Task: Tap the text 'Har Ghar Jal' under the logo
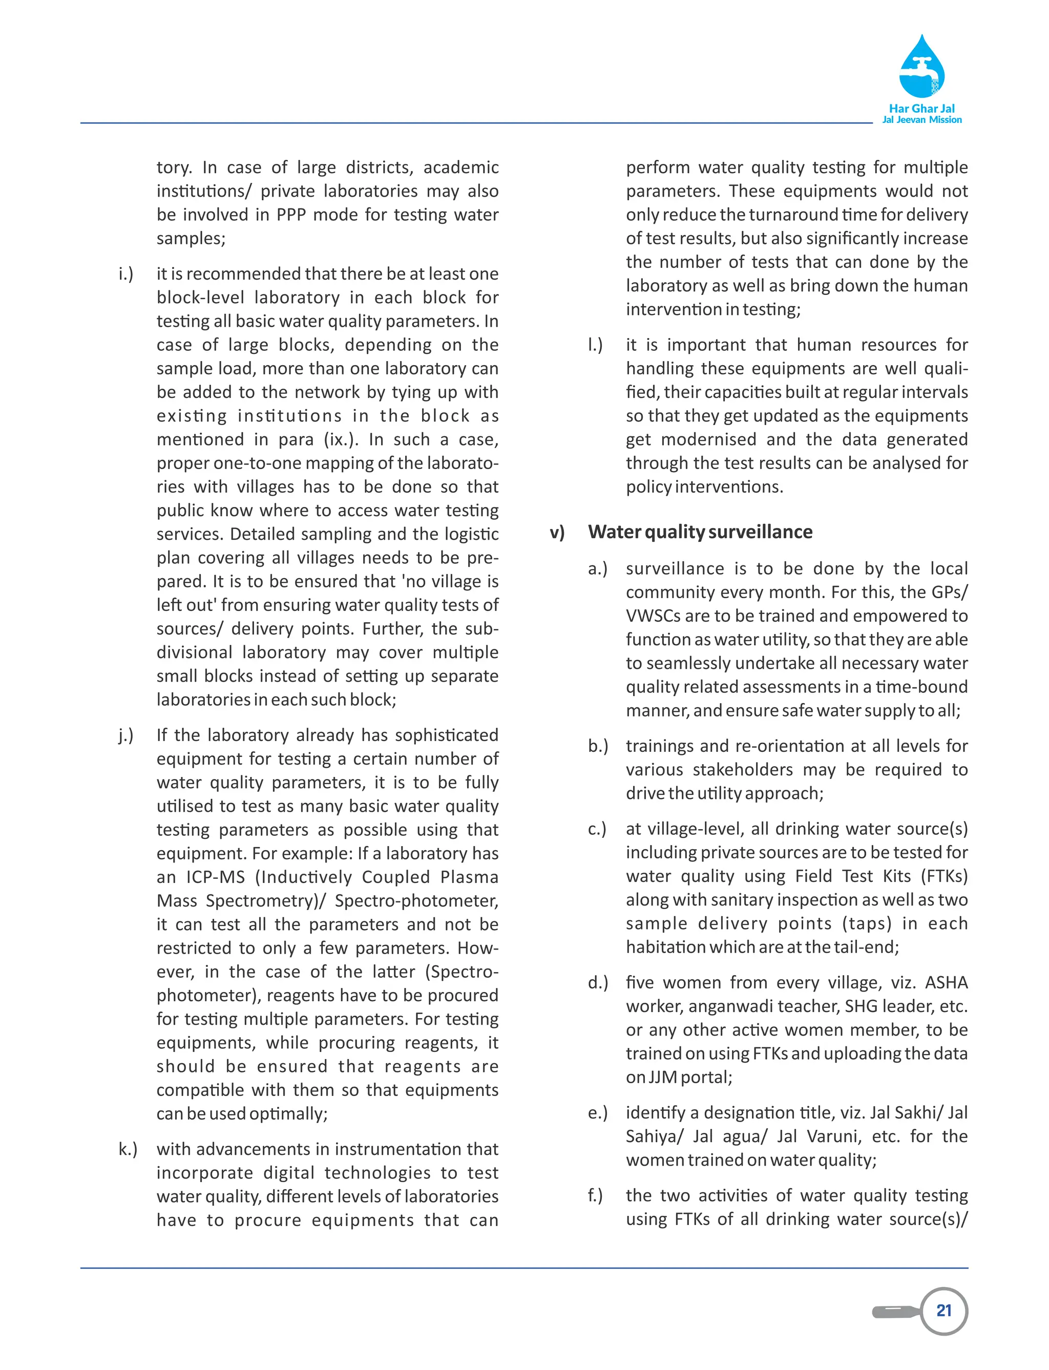(921, 108)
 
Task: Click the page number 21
(943, 1310)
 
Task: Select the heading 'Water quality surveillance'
(700, 532)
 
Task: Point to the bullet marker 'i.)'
(125, 273)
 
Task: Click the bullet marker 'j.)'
(125, 735)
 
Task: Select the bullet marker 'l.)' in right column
(595, 345)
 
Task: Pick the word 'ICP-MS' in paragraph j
(216, 877)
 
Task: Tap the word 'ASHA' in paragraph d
(946, 982)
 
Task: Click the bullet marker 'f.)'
(595, 1195)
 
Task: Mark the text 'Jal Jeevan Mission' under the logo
(921, 120)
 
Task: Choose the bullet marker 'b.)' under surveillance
(598, 746)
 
